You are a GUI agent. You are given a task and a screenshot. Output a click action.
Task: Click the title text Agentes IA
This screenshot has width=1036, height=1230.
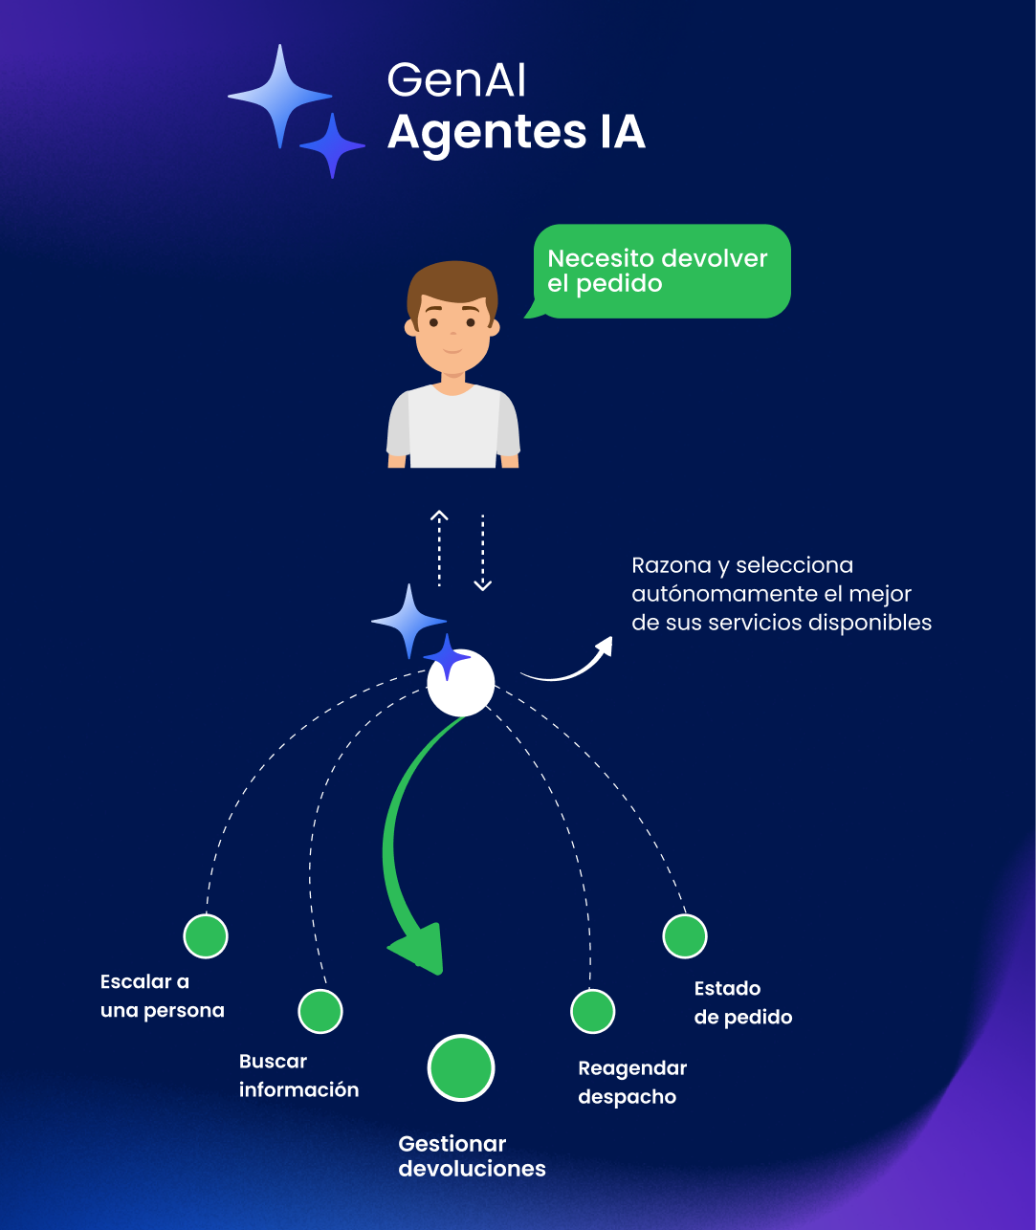tap(516, 132)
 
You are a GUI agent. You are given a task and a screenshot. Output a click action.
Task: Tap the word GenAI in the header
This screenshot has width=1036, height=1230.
tap(456, 81)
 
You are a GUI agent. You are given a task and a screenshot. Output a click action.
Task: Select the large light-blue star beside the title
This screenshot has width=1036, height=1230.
tap(279, 96)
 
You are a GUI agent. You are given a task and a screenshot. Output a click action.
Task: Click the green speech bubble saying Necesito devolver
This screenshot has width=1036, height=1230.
tap(660, 271)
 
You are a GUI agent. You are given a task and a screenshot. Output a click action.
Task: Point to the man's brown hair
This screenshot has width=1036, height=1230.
tap(452, 283)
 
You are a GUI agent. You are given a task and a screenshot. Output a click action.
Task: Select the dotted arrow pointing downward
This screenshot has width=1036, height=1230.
tap(483, 553)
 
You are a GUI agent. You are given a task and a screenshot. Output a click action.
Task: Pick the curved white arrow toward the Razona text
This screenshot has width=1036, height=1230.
tap(569, 664)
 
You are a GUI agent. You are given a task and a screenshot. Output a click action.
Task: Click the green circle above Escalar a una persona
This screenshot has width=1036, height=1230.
tap(206, 935)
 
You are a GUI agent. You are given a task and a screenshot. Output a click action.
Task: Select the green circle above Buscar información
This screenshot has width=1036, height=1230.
tap(320, 1011)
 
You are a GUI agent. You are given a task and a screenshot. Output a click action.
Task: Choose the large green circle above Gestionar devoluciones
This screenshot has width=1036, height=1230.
tap(461, 1067)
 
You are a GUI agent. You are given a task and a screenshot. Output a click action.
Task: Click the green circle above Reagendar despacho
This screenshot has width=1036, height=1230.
tap(593, 1011)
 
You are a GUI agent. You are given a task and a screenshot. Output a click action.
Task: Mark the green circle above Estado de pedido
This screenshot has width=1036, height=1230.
tap(685, 935)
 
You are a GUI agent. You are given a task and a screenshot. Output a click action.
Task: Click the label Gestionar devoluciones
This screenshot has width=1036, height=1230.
tap(472, 1155)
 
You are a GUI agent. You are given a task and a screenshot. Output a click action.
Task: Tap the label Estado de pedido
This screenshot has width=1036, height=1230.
tap(742, 1002)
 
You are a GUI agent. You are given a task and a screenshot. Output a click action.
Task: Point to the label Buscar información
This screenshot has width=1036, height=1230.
tap(298, 1075)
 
